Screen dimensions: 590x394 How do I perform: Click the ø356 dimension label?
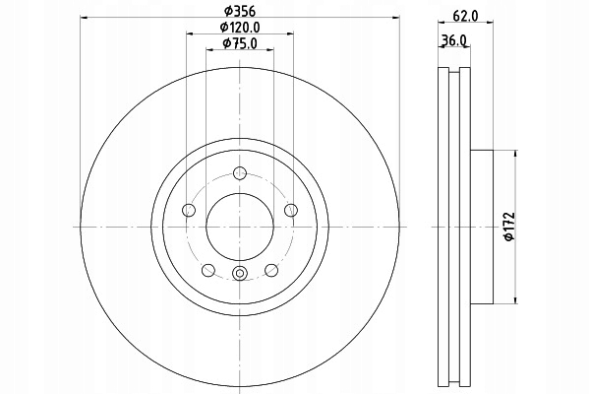point(240,11)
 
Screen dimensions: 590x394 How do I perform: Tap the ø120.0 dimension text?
point(240,28)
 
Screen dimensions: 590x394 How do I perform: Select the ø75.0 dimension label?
point(240,43)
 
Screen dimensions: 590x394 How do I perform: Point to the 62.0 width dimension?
point(465,16)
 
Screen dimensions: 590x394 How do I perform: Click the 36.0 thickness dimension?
point(453,40)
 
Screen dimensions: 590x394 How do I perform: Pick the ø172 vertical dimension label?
point(509,227)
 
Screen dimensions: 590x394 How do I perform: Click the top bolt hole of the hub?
point(240,173)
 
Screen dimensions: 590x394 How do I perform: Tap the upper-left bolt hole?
point(189,210)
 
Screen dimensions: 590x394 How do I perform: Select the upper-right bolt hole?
point(291,210)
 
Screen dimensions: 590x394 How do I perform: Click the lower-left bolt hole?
point(208,270)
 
